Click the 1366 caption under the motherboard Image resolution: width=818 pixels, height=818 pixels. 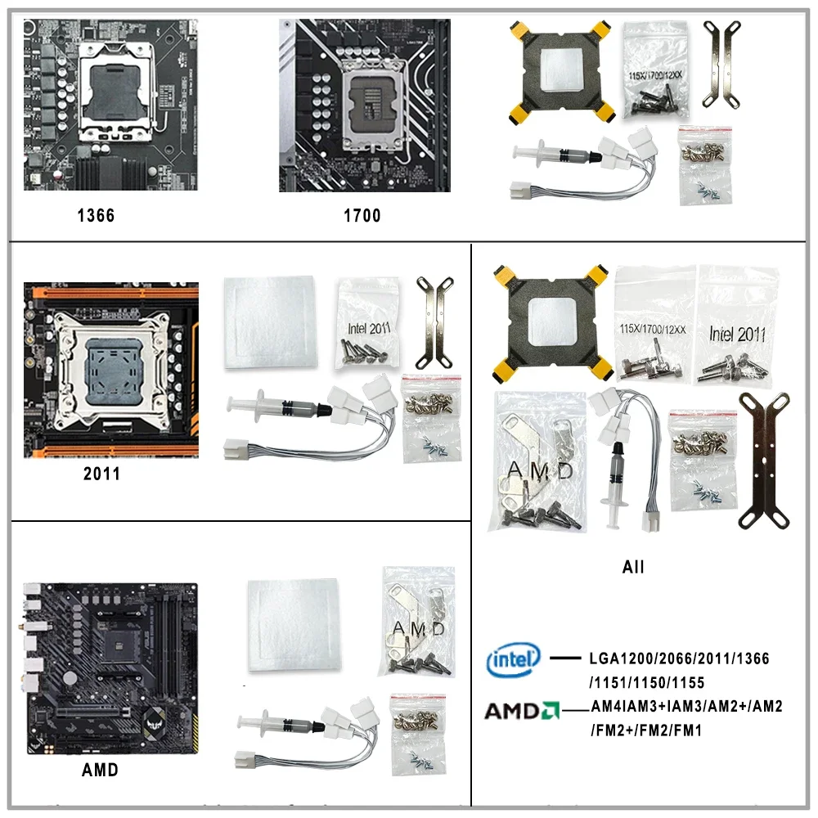coord(96,216)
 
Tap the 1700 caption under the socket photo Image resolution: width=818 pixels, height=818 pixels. coord(362,216)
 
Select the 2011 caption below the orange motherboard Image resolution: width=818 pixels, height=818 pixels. coord(101,474)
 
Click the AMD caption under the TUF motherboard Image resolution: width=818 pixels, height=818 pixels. coord(100,770)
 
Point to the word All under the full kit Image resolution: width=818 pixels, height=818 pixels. coord(632,566)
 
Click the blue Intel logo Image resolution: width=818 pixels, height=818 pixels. coord(514,660)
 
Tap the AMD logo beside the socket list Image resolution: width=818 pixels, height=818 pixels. coord(521,710)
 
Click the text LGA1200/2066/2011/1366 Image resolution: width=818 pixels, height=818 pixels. coord(679,658)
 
